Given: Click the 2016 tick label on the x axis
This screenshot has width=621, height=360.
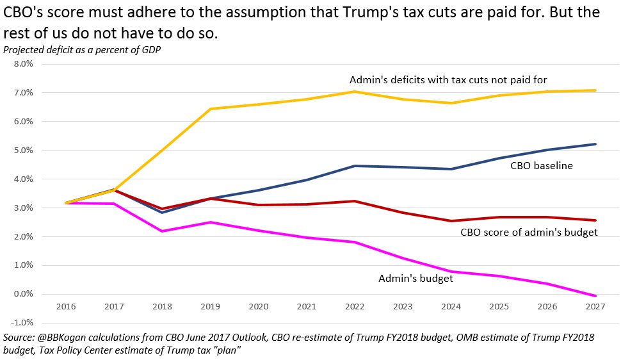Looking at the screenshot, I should (x=65, y=307).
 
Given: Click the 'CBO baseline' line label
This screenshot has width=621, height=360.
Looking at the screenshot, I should (x=541, y=166).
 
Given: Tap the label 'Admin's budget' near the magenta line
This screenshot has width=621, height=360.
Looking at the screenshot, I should (x=415, y=279).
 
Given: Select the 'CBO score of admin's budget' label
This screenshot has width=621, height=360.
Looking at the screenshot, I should (x=529, y=232).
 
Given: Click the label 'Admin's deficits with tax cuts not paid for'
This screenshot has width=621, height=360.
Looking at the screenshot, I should (x=448, y=80).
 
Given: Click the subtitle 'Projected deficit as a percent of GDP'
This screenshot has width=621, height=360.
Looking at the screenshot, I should (x=81, y=50).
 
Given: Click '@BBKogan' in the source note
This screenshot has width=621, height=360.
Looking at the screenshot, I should (x=64, y=337).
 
